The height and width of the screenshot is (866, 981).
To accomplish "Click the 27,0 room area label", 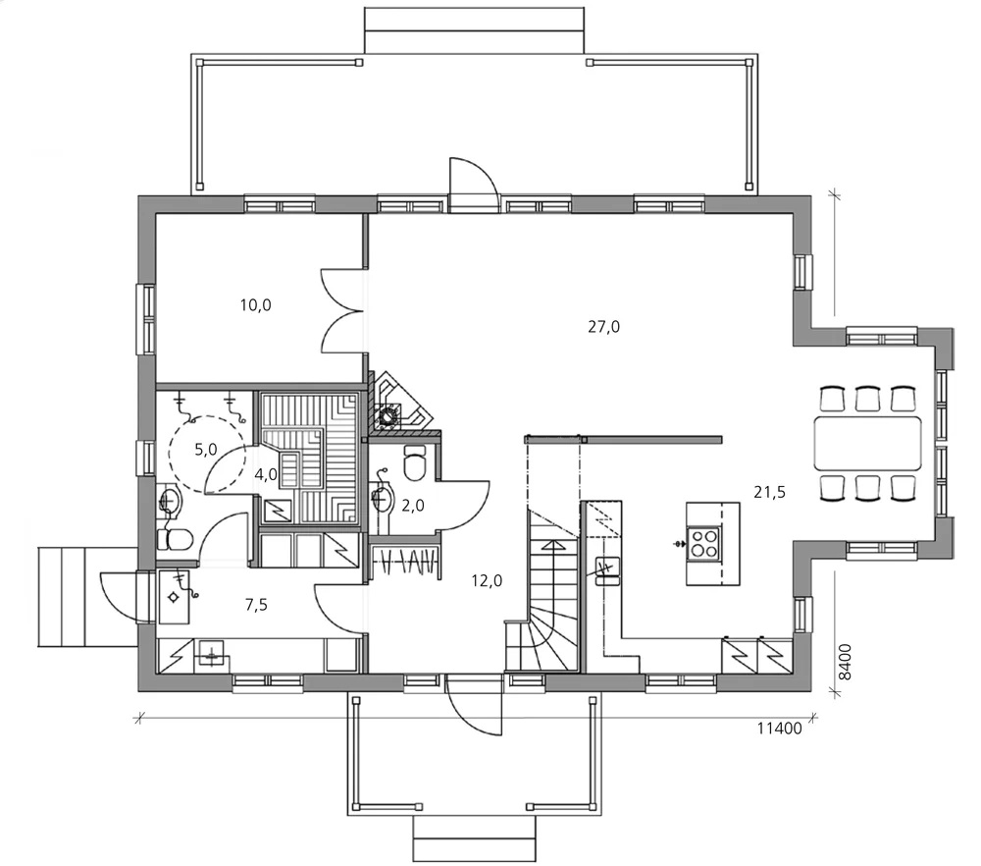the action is coord(603,327).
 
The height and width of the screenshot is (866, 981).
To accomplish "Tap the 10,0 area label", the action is coord(255,305).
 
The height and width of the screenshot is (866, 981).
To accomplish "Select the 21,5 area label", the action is coord(769,493).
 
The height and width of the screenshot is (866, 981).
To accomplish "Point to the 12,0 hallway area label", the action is coord(487,581).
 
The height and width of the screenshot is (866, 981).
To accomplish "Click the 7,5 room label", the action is coord(256,605).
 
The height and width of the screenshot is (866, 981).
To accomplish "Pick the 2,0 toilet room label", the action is coord(413,506).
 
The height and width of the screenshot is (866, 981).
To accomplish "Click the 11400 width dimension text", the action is coord(780,729).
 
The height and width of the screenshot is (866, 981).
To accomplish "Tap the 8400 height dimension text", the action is coord(845,662).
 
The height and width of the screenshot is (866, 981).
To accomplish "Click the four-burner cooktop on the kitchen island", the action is coord(703,543).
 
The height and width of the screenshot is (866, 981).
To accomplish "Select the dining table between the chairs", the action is coord(868,444).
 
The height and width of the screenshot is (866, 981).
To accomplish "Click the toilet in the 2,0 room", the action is coord(415,462).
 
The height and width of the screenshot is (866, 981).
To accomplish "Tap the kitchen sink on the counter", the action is coord(607,570).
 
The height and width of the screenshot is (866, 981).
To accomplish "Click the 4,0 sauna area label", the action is coord(265,474).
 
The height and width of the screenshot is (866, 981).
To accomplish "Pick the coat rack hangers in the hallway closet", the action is coord(408,562).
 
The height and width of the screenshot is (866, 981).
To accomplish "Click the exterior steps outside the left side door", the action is coord(87,597).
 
